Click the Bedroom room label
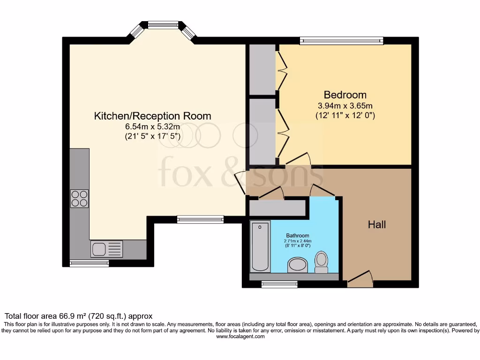tap(345, 95)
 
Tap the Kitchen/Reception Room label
tap(153, 116)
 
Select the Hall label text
tap(377, 225)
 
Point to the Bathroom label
tap(298, 235)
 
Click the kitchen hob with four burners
tap(79, 198)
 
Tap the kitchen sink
tap(107, 249)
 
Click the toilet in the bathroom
tap(321, 262)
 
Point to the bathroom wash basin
tap(296, 265)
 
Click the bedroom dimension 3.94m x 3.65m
tap(345, 105)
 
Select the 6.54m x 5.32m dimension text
tap(153, 127)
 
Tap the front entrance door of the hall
tap(360, 279)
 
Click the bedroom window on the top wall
tap(341, 41)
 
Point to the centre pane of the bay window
tap(163, 25)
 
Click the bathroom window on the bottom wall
tap(279, 284)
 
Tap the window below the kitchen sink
tap(89, 263)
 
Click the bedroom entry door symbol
tap(298, 158)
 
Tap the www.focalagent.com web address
tap(240, 337)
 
